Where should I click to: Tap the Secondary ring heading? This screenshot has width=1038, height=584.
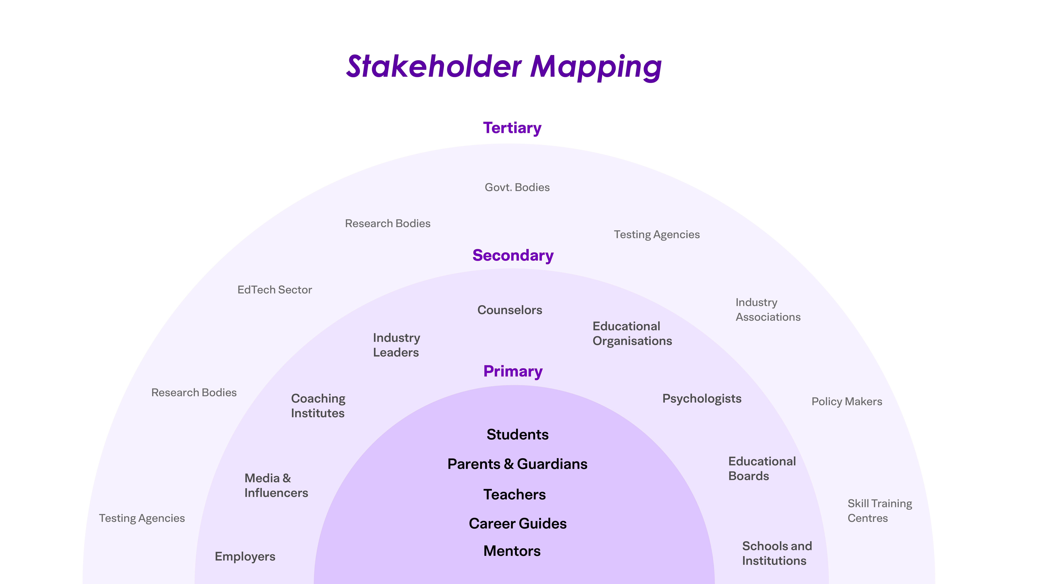point(513,256)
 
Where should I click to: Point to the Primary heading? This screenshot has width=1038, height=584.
point(513,371)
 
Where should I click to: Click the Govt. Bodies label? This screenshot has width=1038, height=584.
point(517,187)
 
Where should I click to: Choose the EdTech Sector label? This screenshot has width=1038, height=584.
point(274,290)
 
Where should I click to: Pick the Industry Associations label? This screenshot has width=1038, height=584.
point(768,310)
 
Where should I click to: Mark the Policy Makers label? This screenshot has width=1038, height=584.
point(847,401)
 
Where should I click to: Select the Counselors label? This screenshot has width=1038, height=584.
point(510,310)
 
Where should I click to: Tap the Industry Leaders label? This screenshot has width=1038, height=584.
point(396,345)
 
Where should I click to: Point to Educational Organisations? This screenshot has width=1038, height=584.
point(632,333)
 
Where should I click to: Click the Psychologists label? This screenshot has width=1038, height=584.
point(702,399)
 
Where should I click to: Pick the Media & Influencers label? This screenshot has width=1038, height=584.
point(276,485)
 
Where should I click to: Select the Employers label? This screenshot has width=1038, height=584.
point(245,557)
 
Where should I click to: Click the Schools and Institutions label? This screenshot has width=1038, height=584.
point(776,553)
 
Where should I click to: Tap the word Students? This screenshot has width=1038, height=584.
point(517,434)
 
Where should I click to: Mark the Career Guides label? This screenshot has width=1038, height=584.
point(517,524)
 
